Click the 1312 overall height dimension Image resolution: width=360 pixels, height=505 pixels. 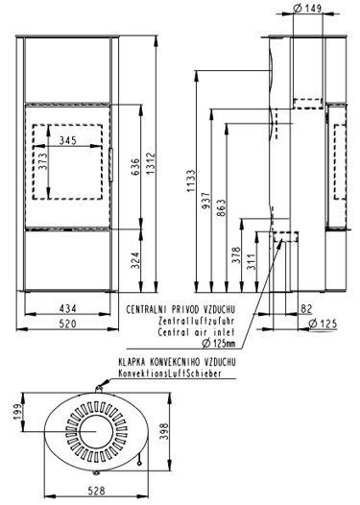[x=151, y=163]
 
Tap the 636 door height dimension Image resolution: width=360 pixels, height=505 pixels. [x=136, y=166]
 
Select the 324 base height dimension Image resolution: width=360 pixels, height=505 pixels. [x=136, y=260]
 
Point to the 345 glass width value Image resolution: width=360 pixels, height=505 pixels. [x=68, y=140]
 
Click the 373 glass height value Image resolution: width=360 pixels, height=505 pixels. [x=42, y=161]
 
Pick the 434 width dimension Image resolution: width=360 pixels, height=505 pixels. [x=68, y=309]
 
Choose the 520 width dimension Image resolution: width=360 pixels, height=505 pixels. [x=68, y=324]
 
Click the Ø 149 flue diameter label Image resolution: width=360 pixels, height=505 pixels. [x=308, y=9]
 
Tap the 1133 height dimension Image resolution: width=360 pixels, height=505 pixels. [x=191, y=181]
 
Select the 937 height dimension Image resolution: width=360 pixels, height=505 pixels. [x=205, y=201]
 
